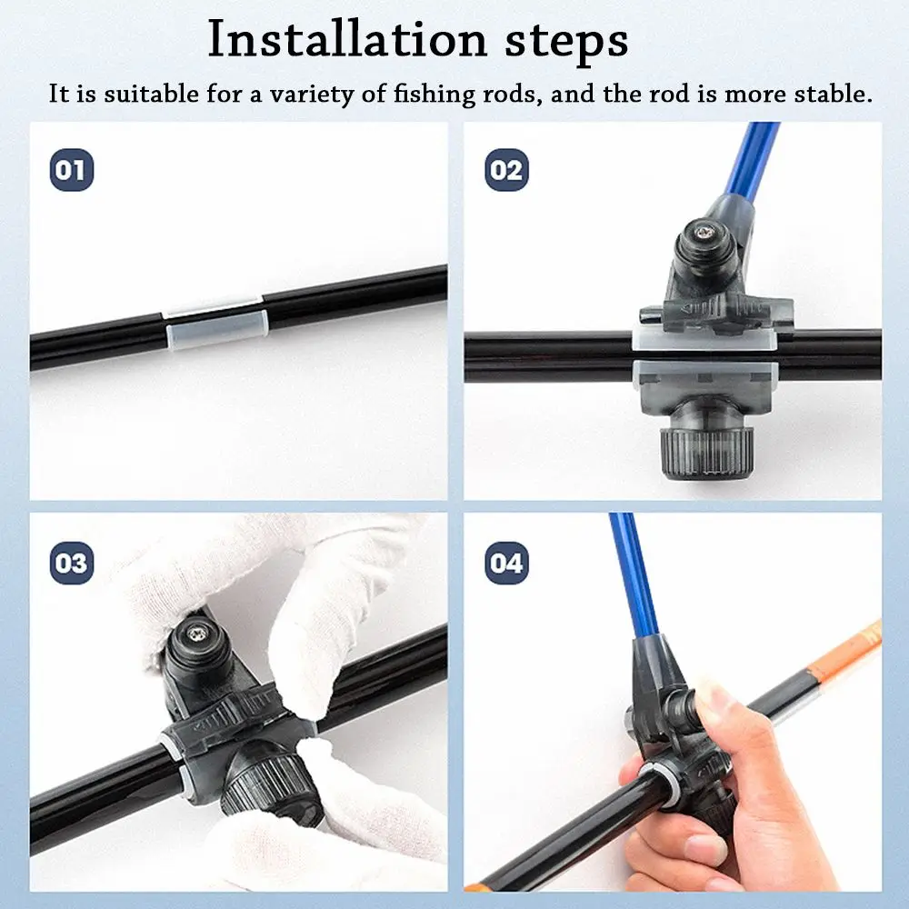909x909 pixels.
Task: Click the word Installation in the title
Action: pyautogui.click(x=347, y=39)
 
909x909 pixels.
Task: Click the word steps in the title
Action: pyautogui.click(x=566, y=42)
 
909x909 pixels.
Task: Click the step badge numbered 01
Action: pyautogui.click(x=71, y=170)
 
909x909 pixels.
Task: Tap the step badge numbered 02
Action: pyautogui.click(x=506, y=170)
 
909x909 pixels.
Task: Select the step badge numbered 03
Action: pyautogui.click(x=71, y=563)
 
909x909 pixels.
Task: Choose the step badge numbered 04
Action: pyautogui.click(x=506, y=563)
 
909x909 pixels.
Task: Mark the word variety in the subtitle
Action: pyautogui.click(x=312, y=95)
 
